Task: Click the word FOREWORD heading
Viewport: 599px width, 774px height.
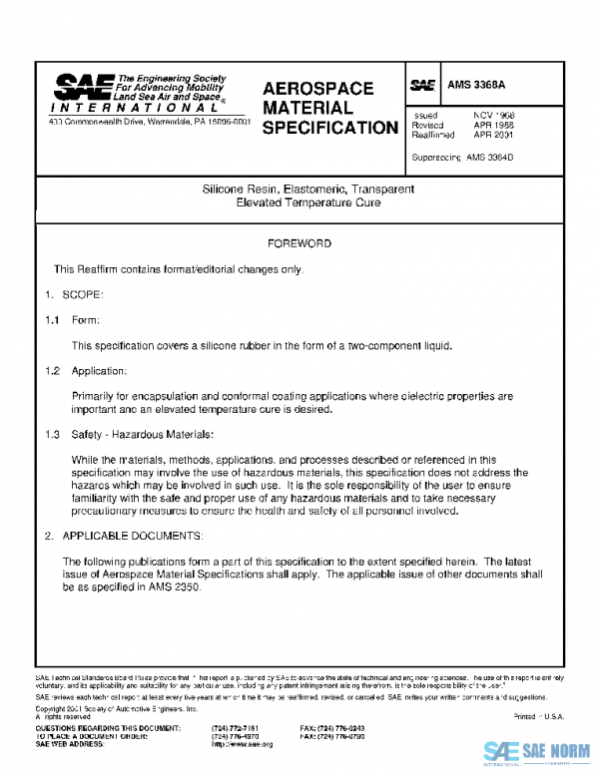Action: coord(299,243)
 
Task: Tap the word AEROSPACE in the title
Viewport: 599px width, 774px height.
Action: coord(317,89)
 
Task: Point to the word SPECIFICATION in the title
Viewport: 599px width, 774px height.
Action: coord(329,128)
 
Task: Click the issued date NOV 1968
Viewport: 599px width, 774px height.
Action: coord(493,116)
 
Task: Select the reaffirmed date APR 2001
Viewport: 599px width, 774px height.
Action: coord(493,135)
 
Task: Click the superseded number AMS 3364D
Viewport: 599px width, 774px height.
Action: coord(489,158)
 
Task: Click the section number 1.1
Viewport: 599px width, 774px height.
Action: coord(52,320)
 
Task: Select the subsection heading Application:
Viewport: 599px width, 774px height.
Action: coord(100,371)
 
